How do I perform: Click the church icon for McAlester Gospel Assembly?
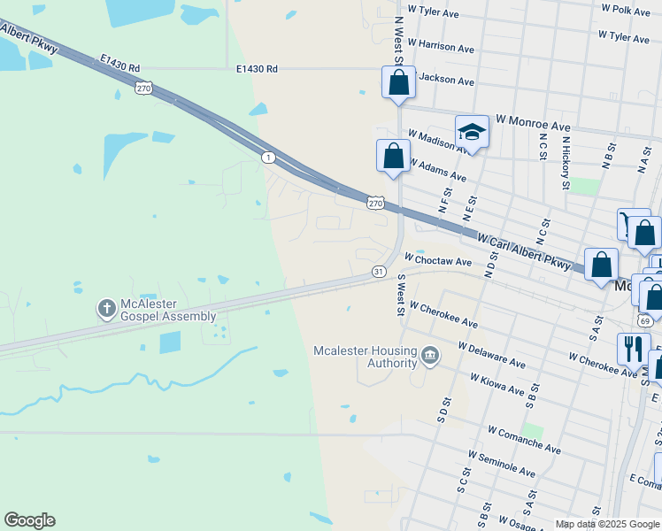105,309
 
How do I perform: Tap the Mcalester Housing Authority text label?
365,357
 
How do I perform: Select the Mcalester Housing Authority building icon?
429,356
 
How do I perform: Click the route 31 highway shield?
378,271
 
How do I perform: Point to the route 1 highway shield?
267,157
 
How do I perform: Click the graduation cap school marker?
472,133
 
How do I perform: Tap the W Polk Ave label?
624,10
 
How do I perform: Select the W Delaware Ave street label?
491,353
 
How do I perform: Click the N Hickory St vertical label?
565,162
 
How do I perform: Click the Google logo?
29,520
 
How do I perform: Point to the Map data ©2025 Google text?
607,524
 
